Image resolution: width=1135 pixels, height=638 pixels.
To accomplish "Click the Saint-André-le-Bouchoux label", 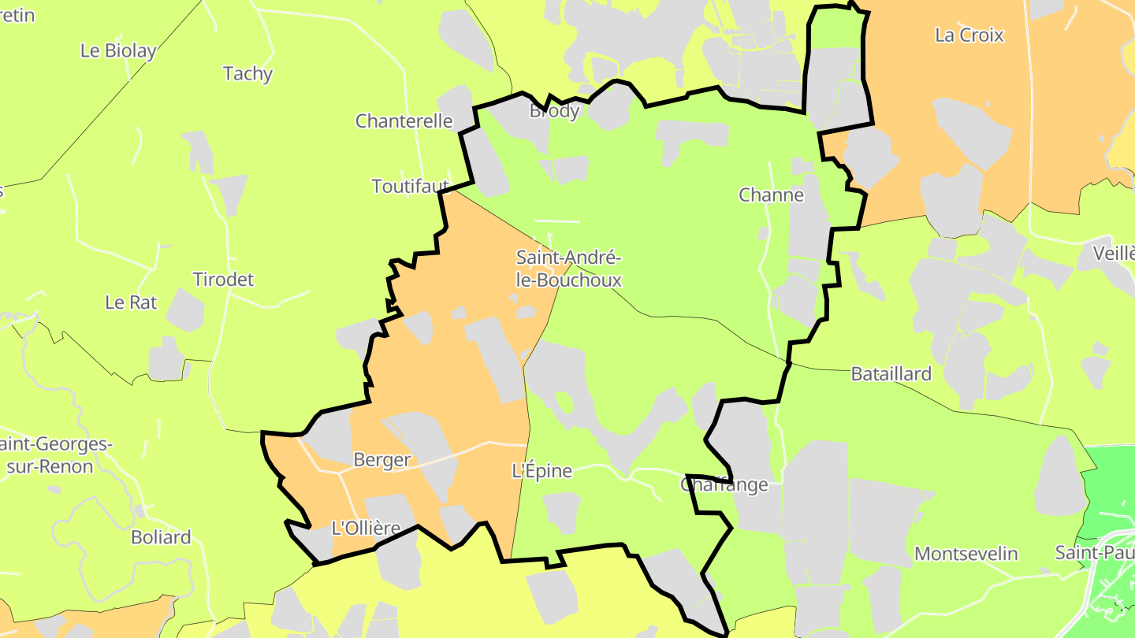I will click(568, 269).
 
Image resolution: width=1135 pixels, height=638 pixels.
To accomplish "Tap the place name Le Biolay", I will click(118, 51).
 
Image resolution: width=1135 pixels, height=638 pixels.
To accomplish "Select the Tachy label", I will click(247, 74).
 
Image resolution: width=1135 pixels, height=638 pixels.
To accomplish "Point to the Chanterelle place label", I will click(404, 121).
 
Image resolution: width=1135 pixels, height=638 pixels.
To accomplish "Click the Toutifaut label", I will click(410, 186).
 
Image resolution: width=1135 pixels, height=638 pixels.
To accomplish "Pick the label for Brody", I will click(554, 111).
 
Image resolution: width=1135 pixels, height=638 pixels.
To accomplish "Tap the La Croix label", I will click(969, 35).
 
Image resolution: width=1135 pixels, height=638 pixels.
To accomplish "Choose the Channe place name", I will click(771, 195).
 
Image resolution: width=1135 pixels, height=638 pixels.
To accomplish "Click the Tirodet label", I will click(224, 280).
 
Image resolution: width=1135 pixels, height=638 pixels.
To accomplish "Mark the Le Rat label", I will click(131, 302).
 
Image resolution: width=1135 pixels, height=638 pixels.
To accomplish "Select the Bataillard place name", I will click(891, 374).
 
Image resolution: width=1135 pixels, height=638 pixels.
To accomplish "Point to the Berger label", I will click(382, 460).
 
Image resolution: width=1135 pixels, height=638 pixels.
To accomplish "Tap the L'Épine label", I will click(542, 472).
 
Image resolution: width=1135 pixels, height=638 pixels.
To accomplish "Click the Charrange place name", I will click(724, 485).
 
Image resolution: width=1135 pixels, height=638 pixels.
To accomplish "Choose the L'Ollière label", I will click(366, 528).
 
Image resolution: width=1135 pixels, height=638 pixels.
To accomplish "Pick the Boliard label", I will click(161, 538).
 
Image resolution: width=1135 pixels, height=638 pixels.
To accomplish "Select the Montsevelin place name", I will click(966, 555).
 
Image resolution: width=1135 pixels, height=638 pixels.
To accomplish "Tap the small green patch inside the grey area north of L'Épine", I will click(565, 402).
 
